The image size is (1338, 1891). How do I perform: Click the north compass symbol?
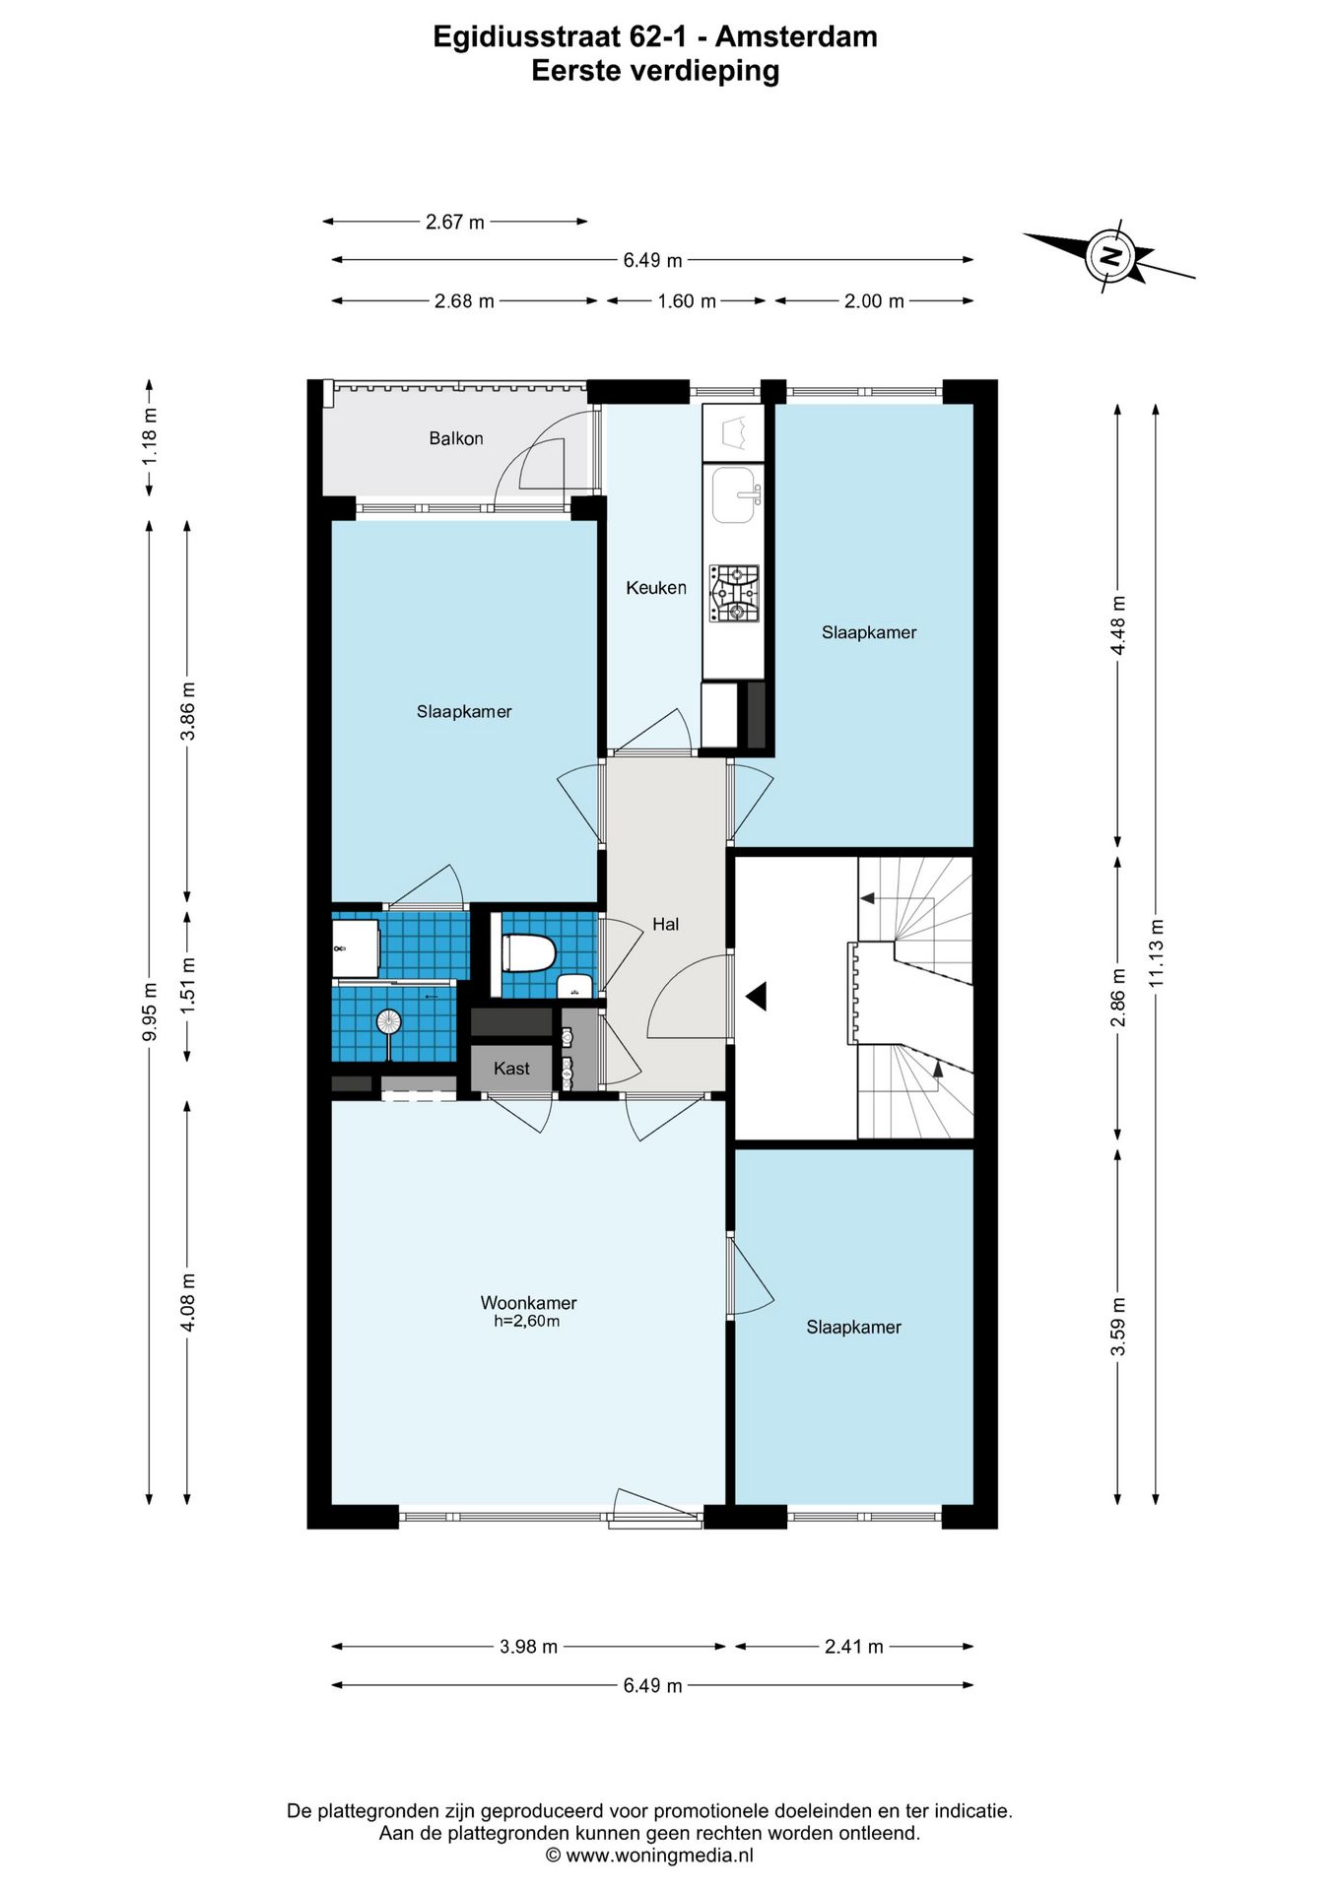click(x=1109, y=258)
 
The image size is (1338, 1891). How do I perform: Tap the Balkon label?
click(x=456, y=438)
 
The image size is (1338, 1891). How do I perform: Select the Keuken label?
click(x=656, y=588)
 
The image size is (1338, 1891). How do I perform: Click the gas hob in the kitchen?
click(x=734, y=594)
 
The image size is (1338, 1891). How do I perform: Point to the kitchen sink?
click(x=736, y=495)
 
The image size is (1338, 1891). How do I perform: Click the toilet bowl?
click(x=529, y=953)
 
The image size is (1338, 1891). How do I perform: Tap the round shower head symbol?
click(x=388, y=1021)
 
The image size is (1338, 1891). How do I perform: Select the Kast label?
click(x=511, y=1069)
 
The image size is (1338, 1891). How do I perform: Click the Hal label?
click(x=666, y=924)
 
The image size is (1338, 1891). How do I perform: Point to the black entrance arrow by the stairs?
click(x=756, y=997)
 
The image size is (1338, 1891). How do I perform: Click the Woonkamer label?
click(x=529, y=1303)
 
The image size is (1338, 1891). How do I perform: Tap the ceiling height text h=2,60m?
click(x=527, y=1322)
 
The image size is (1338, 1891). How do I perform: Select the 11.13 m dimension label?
click(x=1157, y=952)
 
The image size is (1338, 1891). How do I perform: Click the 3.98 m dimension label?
click(x=529, y=1647)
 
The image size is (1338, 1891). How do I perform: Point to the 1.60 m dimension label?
click(x=687, y=301)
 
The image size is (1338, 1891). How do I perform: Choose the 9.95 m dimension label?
click(x=150, y=1011)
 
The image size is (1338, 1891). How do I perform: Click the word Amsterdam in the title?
click(x=796, y=36)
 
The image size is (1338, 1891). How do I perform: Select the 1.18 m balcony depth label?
click(x=150, y=436)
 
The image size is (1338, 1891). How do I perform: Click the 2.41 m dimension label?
click(x=854, y=1647)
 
